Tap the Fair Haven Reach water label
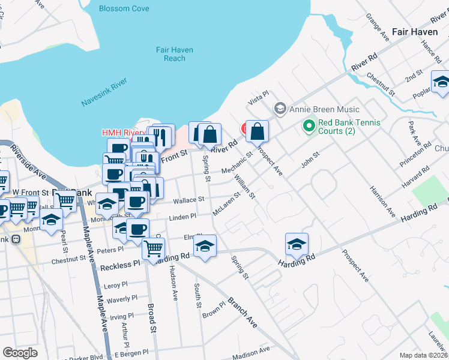[175, 54]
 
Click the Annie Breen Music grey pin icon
[279, 109]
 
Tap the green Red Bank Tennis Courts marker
[309, 126]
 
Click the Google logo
[20, 353]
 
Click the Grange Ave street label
[373, 28]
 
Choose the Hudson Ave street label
[173, 282]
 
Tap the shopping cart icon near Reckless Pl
[154, 248]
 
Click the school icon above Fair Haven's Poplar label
[441, 82]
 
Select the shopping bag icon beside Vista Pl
[257, 130]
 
